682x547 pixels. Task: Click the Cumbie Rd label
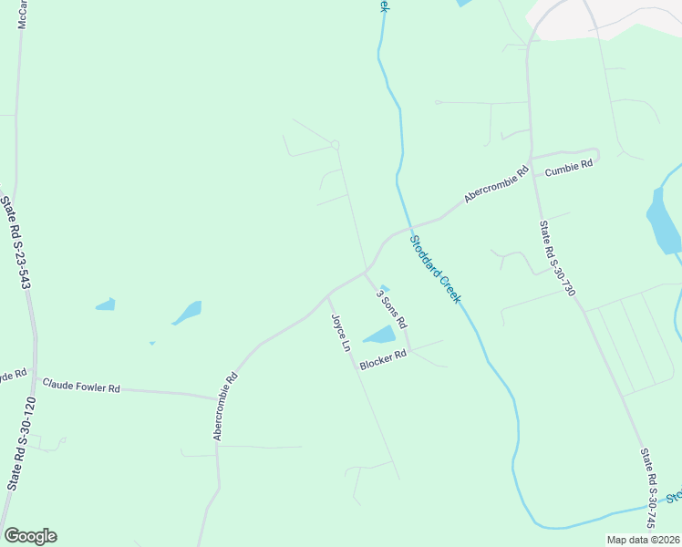[569, 168]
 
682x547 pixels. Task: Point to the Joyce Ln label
[340, 334]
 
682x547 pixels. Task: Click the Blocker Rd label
[382, 361]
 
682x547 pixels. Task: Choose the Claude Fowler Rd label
[81, 387]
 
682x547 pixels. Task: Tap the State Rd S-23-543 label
[12, 243]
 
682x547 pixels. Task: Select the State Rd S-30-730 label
[557, 259]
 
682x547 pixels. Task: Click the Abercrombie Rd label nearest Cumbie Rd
[496, 184]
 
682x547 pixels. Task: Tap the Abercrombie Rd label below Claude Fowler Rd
[226, 407]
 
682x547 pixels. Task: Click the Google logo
[30, 536]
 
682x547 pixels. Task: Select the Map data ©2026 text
[644, 540]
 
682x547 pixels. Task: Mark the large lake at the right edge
[663, 222]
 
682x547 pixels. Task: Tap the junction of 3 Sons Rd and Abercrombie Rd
[366, 272]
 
